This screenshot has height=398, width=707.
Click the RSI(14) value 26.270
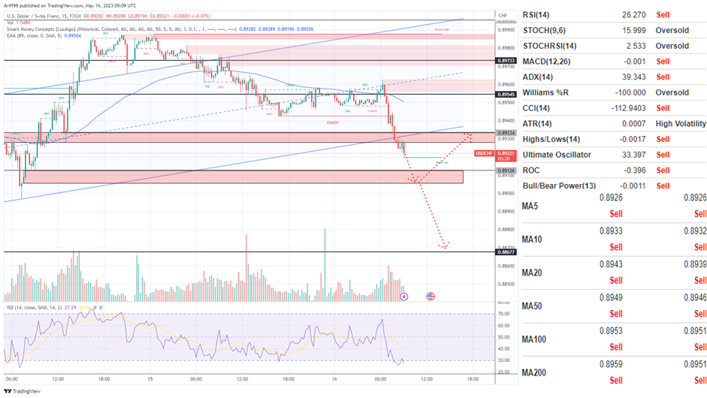pyautogui.click(x=617, y=14)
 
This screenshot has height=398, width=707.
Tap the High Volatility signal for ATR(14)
pyautogui.click(x=681, y=123)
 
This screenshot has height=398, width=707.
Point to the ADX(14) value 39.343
pyautogui.click(x=617, y=77)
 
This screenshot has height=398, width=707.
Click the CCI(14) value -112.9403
pyautogui.click(x=614, y=107)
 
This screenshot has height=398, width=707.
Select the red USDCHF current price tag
pyautogui.click(x=485, y=155)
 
